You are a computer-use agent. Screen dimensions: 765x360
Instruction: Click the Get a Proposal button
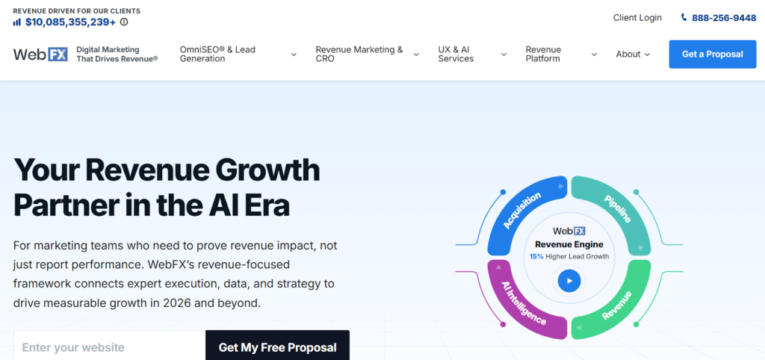(712, 54)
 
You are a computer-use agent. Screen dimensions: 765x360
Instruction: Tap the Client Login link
(637, 18)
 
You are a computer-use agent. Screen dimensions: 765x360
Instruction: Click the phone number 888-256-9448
(724, 18)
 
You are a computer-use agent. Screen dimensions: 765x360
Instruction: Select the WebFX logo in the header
(40, 54)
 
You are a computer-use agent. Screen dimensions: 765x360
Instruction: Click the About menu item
(633, 54)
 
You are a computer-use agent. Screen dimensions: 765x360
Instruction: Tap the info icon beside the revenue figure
(124, 22)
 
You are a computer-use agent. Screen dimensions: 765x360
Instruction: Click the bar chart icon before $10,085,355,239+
(17, 22)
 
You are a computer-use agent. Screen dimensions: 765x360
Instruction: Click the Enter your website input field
(109, 347)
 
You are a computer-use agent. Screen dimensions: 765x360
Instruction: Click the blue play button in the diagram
(569, 281)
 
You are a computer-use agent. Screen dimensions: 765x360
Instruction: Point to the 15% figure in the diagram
(536, 256)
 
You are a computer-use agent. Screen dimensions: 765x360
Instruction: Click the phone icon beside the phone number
(684, 18)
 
